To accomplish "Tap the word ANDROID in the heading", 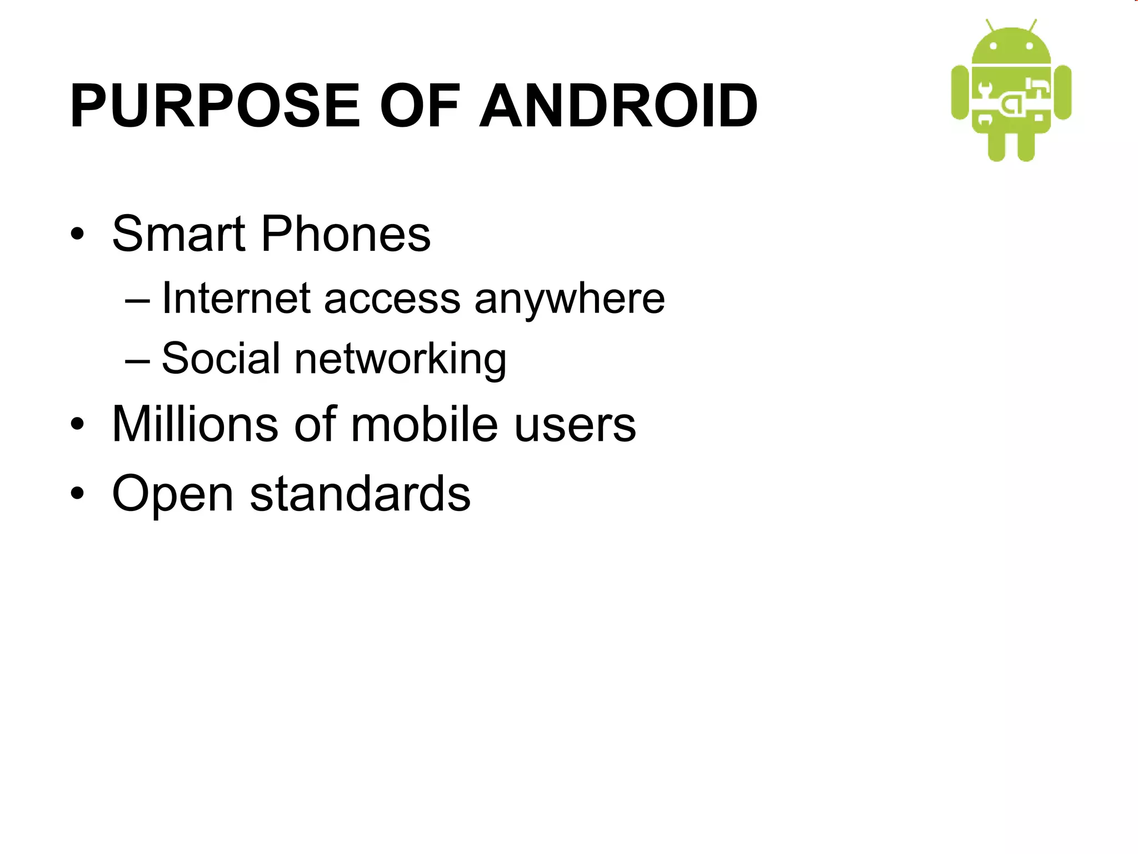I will [x=618, y=106].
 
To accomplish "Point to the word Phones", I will [x=346, y=234].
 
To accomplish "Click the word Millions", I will [x=195, y=424].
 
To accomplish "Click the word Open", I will [x=173, y=494].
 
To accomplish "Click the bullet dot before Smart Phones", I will [x=77, y=234].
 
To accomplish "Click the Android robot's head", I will [x=1011, y=47].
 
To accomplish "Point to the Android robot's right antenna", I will [x=1032, y=25].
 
